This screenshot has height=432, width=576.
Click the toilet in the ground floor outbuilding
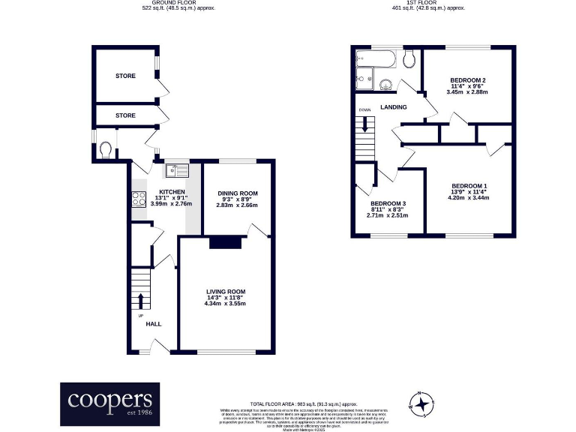tap(106, 150)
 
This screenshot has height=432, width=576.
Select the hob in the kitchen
tap(139, 199)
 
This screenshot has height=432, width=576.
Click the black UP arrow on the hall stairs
tap(140, 299)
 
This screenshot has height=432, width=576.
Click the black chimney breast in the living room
tap(226, 241)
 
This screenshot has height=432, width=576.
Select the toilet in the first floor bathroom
tap(409, 59)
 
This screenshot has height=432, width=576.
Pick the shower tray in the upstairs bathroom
tap(366, 76)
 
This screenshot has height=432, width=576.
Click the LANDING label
tap(393, 107)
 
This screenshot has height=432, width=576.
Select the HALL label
tap(153, 324)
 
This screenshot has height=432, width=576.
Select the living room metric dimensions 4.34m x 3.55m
tap(226, 303)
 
